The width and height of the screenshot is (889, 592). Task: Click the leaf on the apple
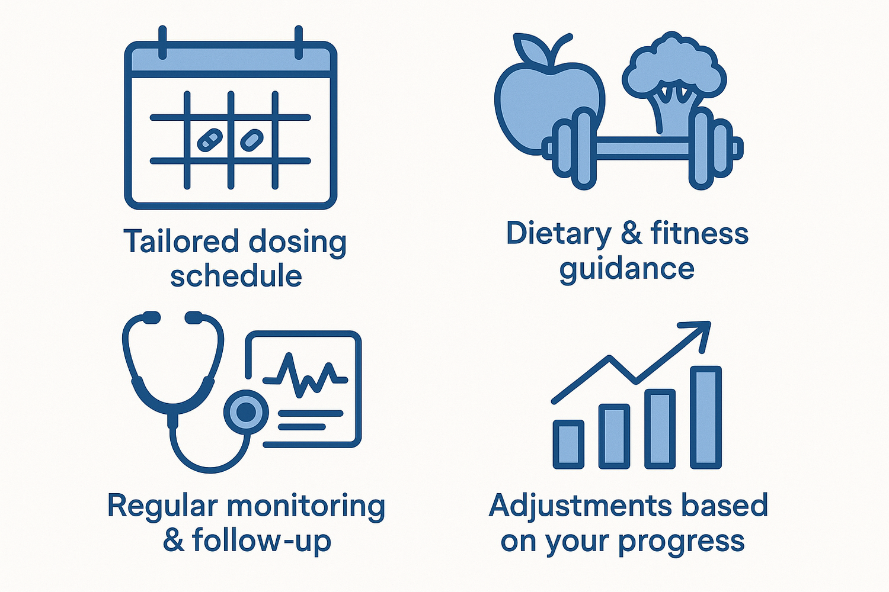click(530, 46)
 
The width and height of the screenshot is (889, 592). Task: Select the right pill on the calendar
click(252, 140)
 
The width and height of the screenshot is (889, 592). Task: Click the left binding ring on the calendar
click(162, 41)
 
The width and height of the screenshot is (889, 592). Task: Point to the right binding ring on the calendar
click(299, 41)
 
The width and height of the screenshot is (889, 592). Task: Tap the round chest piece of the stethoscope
click(246, 411)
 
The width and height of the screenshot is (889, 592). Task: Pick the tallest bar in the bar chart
click(706, 417)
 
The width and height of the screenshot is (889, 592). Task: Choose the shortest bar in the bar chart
click(568, 443)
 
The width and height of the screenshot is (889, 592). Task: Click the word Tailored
click(180, 242)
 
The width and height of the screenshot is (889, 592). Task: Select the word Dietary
click(558, 233)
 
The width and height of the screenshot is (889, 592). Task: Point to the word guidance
click(626, 269)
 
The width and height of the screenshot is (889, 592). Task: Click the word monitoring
click(306, 506)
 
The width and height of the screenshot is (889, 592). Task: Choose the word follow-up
click(261, 541)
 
